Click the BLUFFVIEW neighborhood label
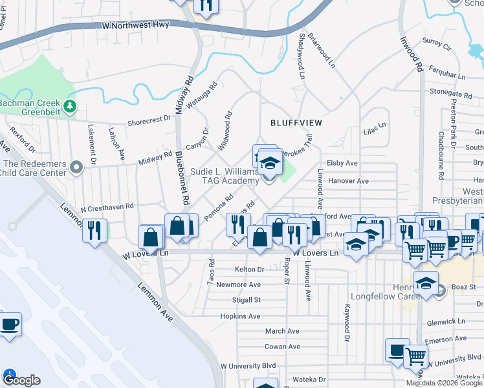[x=296, y=122]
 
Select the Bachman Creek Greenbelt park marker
[x=69, y=105]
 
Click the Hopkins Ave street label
[x=240, y=316]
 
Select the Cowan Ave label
[x=282, y=347]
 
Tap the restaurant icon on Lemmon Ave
[x=95, y=231]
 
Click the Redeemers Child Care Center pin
[x=76, y=168]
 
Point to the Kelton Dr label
[x=250, y=269]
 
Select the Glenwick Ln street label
[x=446, y=321]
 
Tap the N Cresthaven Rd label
[x=106, y=208]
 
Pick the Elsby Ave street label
[x=342, y=164]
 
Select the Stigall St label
[x=247, y=300]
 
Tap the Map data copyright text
[x=443, y=383]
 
